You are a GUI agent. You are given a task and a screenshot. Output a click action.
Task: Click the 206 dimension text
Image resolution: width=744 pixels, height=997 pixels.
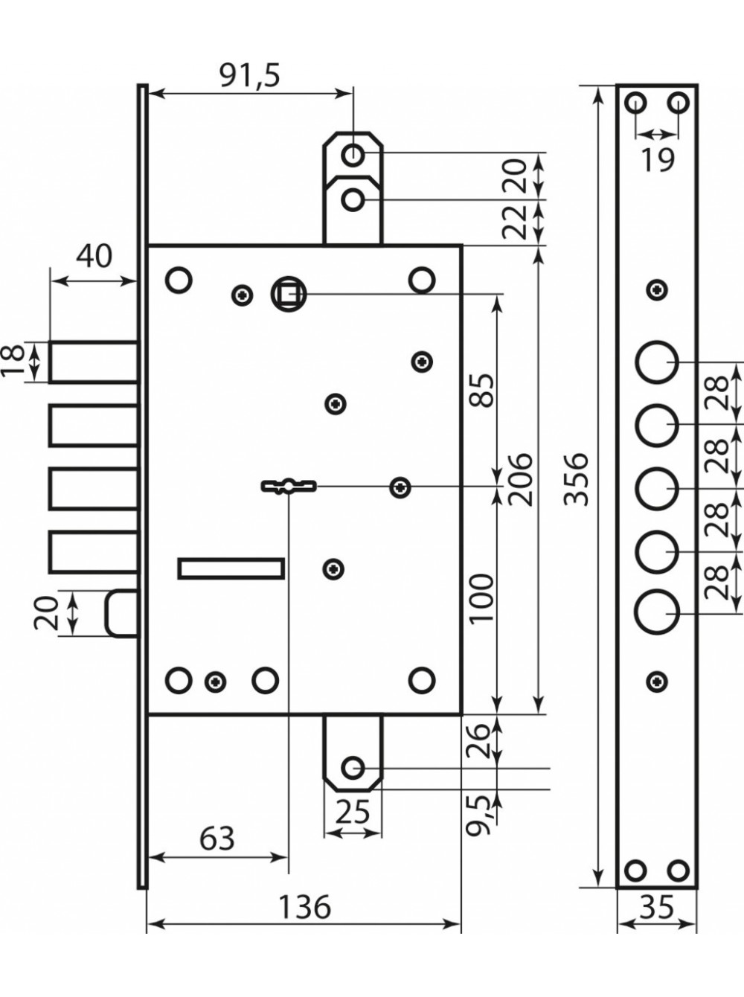pyautogui.click(x=519, y=479)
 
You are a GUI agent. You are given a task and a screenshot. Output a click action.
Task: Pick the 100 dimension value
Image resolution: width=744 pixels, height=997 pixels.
pyautogui.click(x=481, y=599)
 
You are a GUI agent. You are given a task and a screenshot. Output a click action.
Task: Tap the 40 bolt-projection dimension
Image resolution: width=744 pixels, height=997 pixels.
pyautogui.click(x=94, y=256)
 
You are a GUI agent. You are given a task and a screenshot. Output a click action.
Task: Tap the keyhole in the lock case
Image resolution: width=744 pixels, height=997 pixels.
pyautogui.click(x=289, y=485)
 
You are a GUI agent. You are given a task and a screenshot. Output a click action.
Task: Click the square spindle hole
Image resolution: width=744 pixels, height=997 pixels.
pyautogui.click(x=289, y=295)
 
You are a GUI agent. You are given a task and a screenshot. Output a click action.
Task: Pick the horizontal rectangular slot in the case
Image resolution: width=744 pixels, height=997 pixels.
pyautogui.click(x=231, y=568)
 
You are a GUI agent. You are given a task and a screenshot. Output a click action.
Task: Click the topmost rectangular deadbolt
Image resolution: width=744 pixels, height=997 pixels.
pyautogui.click(x=94, y=362)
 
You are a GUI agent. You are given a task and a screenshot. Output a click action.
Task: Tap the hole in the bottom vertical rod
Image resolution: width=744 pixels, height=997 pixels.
pyautogui.click(x=353, y=768)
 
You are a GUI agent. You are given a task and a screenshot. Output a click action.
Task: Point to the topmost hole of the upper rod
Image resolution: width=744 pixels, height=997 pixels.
pyautogui.click(x=353, y=156)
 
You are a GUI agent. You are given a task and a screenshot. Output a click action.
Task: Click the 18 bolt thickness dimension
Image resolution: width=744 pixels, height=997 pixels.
pyautogui.click(x=16, y=362)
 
